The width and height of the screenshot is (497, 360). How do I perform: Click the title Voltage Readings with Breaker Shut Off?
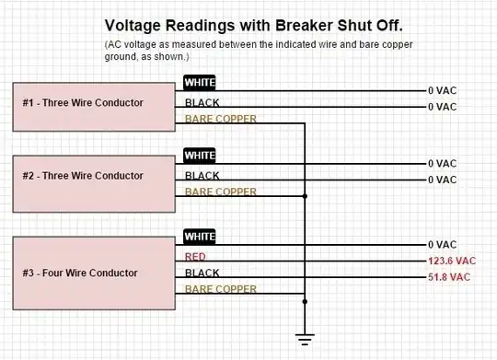[253, 26]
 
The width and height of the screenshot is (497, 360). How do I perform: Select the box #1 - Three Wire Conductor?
[95, 103]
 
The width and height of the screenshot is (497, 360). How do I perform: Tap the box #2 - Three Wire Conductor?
[95, 176]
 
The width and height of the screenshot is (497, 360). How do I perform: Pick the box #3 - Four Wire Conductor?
[95, 273]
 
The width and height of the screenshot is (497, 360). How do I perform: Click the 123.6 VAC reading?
[452, 261]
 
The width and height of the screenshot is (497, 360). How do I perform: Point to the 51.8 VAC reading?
[449, 277]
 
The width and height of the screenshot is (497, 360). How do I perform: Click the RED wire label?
[195, 257]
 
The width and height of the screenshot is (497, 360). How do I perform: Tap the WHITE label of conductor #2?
[200, 156]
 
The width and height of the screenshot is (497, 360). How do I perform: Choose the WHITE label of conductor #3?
[200, 237]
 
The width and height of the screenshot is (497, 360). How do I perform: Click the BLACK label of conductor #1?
[202, 102]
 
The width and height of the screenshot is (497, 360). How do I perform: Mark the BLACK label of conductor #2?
[202, 175]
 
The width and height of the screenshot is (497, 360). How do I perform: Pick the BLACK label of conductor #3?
[202, 273]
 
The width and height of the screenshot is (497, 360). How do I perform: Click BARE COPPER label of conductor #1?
[220, 119]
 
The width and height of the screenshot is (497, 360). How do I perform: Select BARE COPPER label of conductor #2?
[220, 192]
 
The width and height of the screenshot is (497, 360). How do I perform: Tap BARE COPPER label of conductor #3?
[220, 289]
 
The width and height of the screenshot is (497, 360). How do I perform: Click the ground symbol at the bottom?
[305, 339]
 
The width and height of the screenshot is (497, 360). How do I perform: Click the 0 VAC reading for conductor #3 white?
[442, 245]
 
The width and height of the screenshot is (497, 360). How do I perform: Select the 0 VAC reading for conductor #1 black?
[442, 107]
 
